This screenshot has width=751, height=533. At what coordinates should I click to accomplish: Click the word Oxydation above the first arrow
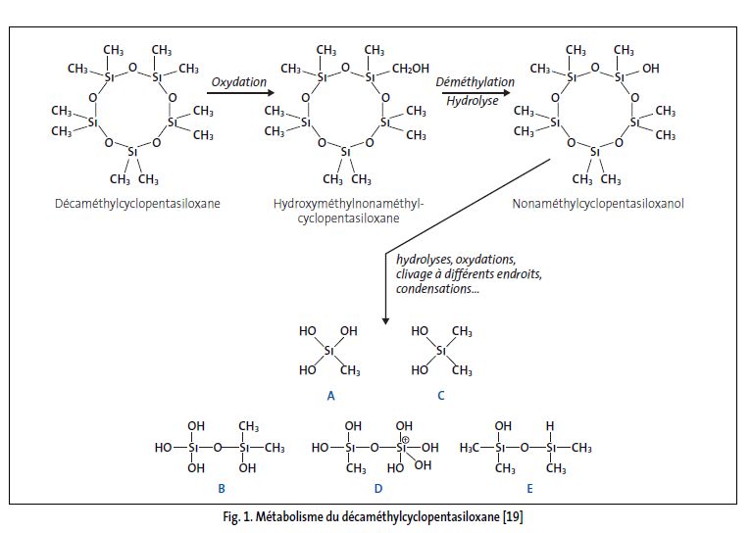(239, 81)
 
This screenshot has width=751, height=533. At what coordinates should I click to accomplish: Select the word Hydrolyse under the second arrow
(468, 101)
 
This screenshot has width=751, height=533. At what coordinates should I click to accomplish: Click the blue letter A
(330, 396)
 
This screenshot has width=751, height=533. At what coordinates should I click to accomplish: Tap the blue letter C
(441, 396)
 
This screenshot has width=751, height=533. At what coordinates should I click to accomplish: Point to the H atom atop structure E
(552, 426)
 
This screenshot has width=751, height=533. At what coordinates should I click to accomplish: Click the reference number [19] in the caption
(520, 515)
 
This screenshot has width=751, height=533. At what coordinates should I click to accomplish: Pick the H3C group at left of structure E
(474, 448)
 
